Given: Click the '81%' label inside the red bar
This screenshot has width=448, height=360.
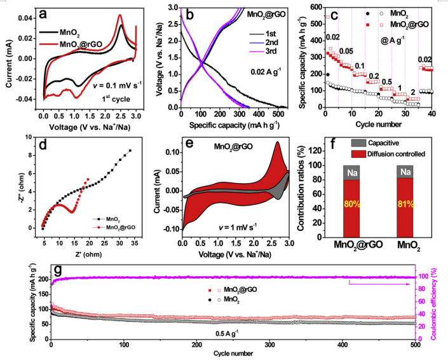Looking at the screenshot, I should pos(404,205).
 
